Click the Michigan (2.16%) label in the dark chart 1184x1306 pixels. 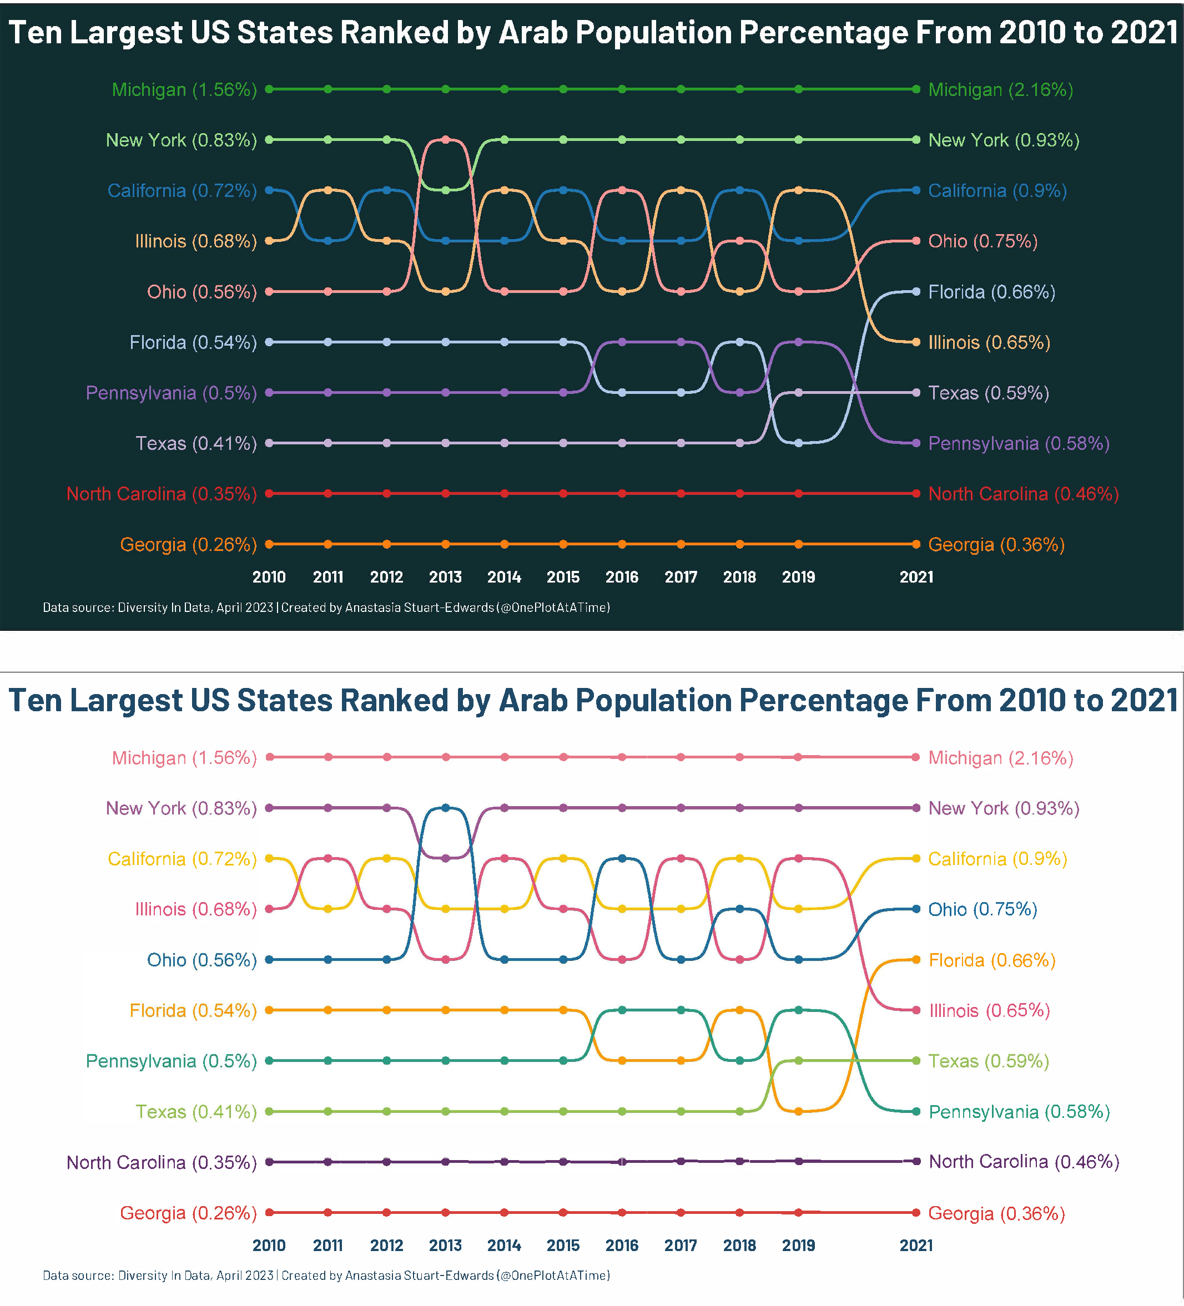coord(1000,89)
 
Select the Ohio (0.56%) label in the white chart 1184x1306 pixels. coord(201,959)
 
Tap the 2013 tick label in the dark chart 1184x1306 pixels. coord(445,576)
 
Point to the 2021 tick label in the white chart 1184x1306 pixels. coord(916,1244)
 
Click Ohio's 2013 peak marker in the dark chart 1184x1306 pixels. coord(445,139)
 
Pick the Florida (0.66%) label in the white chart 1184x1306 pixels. coord(991,959)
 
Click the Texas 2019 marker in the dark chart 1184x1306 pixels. coord(798,393)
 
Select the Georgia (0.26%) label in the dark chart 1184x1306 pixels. coord(188,544)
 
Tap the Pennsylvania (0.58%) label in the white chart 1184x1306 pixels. coord(1018,1112)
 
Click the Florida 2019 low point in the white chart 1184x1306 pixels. coord(798,1111)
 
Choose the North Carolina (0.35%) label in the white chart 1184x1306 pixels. coord(162,1162)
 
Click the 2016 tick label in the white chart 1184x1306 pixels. coord(622,1244)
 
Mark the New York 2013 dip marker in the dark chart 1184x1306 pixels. coord(445,190)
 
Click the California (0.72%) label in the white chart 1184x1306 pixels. coord(182,858)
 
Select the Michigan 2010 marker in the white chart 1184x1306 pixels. coord(270,757)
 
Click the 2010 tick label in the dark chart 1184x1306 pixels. coord(269,576)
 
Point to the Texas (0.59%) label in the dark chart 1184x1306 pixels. coord(988,393)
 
